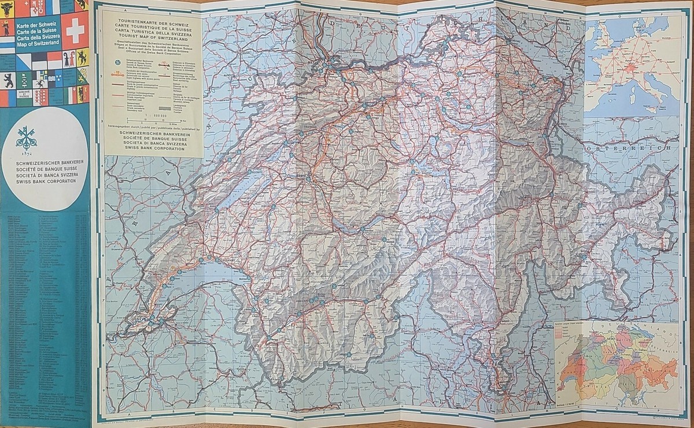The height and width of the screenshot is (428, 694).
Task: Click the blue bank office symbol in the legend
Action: click(112, 62)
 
